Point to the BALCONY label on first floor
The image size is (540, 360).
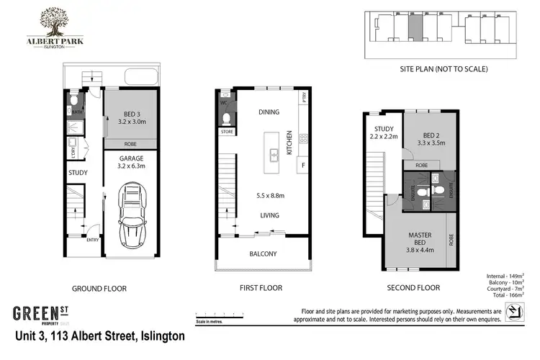[x=263, y=254]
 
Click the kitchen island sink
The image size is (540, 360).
[x=274, y=153]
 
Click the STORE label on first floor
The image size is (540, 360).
[x=226, y=132]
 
